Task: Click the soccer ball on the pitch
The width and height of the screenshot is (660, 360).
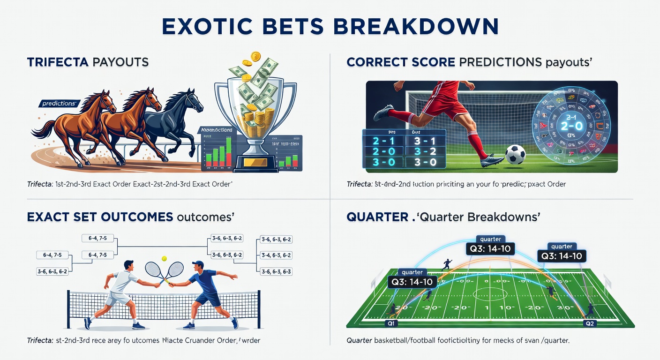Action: pos(516,154)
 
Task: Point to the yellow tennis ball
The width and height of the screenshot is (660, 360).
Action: pos(165,258)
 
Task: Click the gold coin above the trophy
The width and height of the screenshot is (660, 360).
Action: pos(256,57)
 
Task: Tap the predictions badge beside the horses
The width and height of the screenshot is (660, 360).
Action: pos(59,104)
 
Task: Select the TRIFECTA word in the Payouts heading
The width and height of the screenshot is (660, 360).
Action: pos(56,62)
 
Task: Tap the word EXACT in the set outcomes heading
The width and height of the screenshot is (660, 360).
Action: pos(47,217)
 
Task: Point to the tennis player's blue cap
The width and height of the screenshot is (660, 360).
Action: pos(198,264)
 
